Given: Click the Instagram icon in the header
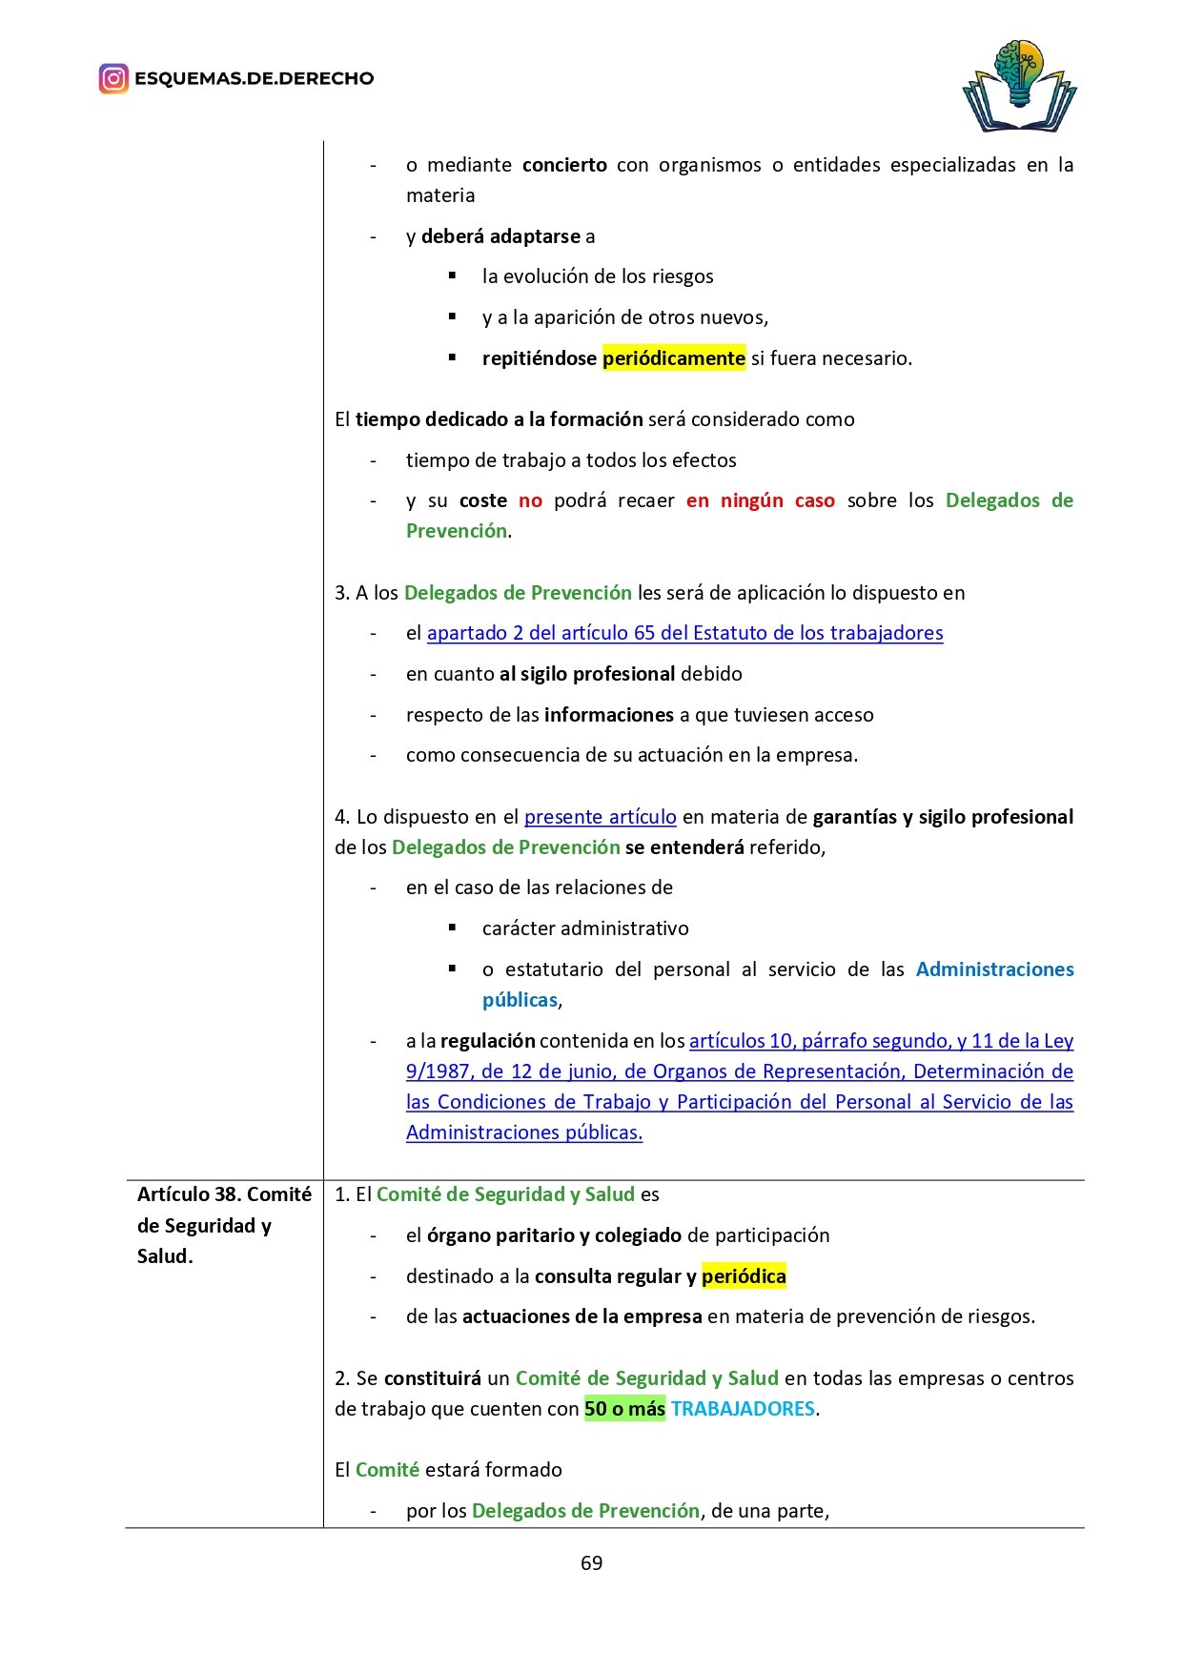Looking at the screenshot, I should (x=113, y=78).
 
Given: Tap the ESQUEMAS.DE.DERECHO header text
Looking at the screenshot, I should (x=254, y=78).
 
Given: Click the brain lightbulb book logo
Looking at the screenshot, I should (x=1019, y=87).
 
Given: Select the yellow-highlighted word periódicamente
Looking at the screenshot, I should (x=673, y=358).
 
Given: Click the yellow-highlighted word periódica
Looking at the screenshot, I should (x=744, y=1276).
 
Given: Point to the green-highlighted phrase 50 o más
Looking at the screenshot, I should (x=624, y=1409).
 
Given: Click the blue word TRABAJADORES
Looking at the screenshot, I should (x=743, y=1409).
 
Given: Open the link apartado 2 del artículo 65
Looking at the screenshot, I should (x=684, y=633).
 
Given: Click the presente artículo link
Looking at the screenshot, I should (x=600, y=817).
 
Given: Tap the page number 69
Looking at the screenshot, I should (x=591, y=1562).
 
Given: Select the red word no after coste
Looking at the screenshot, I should (x=530, y=500).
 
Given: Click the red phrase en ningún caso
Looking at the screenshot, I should (x=760, y=500).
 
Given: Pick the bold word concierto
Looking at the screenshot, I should (x=564, y=165).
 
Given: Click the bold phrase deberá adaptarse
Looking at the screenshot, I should (x=500, y=236).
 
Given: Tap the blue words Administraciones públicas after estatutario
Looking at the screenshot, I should (x=994, y=969).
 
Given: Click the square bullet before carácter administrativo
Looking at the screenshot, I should (x=453, y=928).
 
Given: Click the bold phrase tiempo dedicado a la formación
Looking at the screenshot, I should (x=499, y=419).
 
